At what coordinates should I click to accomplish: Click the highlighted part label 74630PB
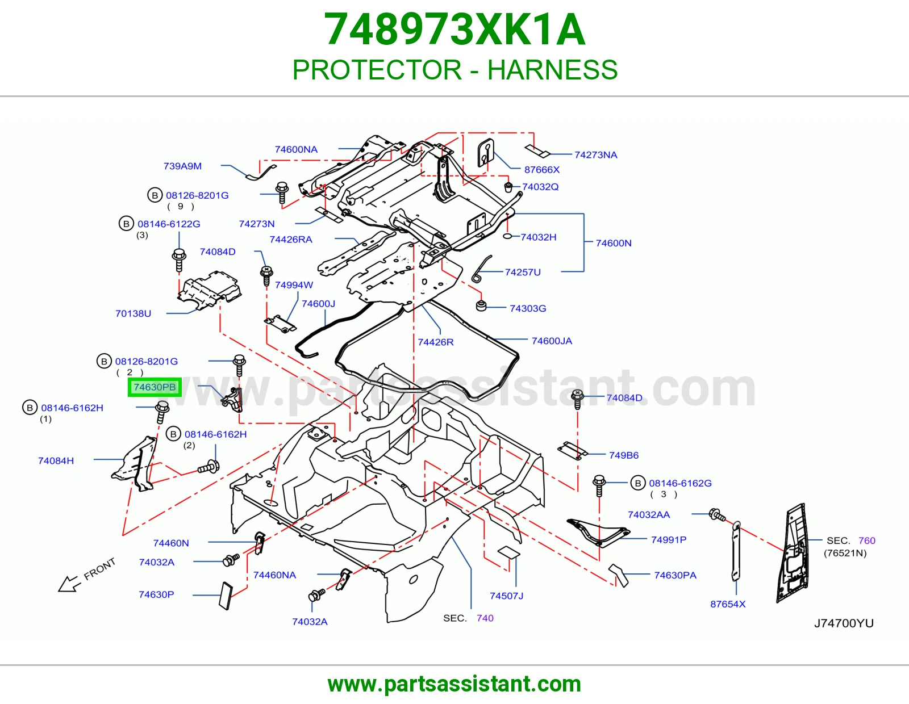[x=155, y=387]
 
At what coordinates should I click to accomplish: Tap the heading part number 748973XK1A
[x=454, y=30]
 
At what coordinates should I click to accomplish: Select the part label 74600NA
[x=296, y=149]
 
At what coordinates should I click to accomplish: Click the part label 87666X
[x=542, y=170]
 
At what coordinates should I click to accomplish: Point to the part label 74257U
[x=523, y=272]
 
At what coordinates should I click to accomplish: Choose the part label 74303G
[x=528, y=308]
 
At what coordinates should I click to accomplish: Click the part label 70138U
[x=133, y=313]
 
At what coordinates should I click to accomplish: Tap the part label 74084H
[x=56, y=460]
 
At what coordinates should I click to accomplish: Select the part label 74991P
[x=669, y=540]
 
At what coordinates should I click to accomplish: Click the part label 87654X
[x=728, y=604]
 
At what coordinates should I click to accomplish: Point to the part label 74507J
[x=507, y=596]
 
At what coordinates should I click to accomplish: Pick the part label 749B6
[x=624, y=455]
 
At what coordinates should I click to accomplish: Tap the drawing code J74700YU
[x=844, y=623]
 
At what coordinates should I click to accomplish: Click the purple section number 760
[x=867, y=540]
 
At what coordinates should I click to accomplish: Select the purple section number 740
[x=485, y=618]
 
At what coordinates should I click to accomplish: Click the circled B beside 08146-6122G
[x=126, y=224]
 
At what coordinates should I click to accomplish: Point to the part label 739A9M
[x=182, y=166]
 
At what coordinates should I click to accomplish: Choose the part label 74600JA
[x=552, y=341]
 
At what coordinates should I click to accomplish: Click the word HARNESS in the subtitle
[x=552, y=70]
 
